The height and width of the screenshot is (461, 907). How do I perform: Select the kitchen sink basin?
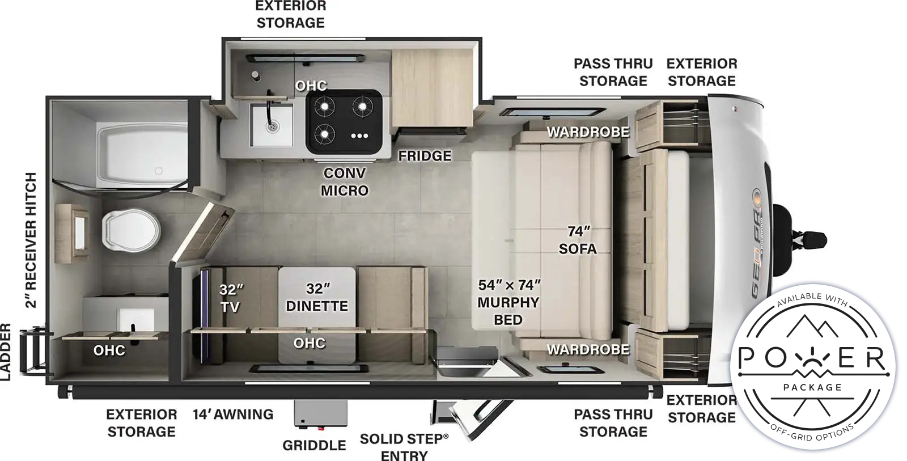[x=272, y=125]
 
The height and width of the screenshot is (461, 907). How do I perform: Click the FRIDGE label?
[x=425, y=155]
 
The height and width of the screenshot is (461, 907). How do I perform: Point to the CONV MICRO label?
[x=344, y=181]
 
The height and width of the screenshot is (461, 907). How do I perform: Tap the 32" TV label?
[x=230, y=298]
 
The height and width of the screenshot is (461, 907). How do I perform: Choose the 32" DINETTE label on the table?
[x=317, y=297]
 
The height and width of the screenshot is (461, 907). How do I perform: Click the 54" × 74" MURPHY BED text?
[x=508, y=302]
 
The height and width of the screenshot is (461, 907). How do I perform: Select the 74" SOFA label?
[x=578, y=240]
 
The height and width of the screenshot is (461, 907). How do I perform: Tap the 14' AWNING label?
[x=232, y=415]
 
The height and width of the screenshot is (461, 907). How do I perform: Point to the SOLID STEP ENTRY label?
[x=404, y=447]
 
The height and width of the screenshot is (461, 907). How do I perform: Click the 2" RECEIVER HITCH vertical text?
[x=31, y=239]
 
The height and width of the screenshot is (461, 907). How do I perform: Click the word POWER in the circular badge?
[x=812, y=358]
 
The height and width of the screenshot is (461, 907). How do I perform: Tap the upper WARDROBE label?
[x=588, y=132]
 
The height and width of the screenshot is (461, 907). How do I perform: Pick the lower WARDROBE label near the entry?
[x=588, y=349]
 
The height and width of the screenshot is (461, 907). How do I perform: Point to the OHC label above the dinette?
[x=310, y=343]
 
